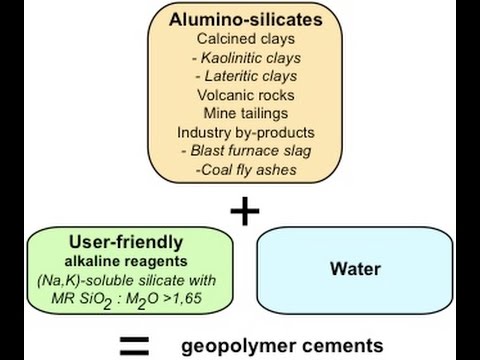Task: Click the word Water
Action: point(352,269)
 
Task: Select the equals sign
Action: point(134,346)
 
